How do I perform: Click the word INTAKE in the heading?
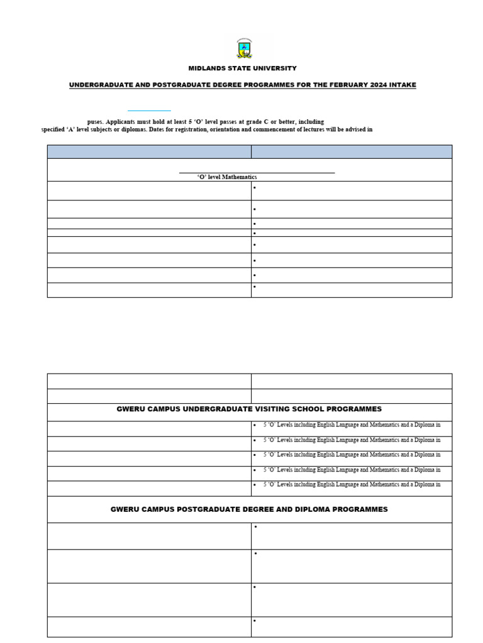(x=403, y=85)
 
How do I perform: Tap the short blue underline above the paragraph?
(x=149, y=111)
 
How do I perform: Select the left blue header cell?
(x=149, y=151)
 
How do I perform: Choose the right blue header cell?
(x=351, y=151)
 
